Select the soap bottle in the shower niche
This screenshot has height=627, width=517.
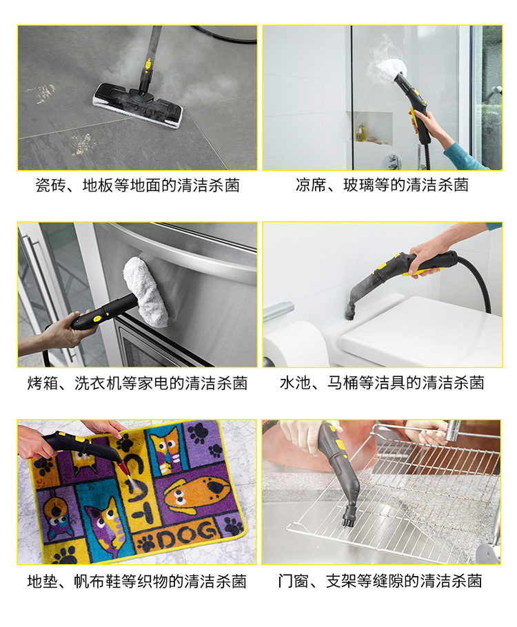click(361, 132)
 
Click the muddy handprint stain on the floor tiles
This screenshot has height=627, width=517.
click(41, 93)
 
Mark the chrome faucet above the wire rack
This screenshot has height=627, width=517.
click(453, 431)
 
